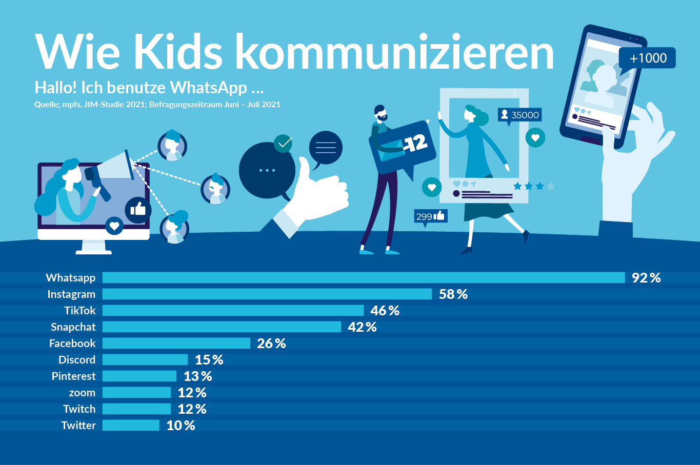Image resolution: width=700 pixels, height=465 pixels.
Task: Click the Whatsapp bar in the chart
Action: click(363, 278)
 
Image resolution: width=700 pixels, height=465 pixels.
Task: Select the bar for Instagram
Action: click(267, 294)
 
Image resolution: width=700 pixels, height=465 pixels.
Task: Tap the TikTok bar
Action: click(233, 311)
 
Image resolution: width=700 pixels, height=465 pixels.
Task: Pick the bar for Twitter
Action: click(131, 426)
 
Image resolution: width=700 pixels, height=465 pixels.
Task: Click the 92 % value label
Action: click(646, 278)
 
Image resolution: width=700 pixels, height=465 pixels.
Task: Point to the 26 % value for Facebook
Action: click(271, 343)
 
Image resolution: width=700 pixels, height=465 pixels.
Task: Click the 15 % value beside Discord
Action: click(209, 360)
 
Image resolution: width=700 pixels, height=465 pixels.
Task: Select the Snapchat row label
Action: click(73, 327)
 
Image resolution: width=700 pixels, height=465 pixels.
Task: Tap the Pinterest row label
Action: click(73, 376)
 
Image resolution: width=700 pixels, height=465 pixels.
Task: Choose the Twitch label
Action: click(79, 409)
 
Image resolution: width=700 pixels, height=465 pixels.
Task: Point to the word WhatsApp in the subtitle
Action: click(209, 88)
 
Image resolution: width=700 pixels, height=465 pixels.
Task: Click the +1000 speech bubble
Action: click(647, 58)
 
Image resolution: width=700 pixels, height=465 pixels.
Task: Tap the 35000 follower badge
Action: click(519, 115)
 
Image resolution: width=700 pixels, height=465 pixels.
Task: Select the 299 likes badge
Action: click(431, 216)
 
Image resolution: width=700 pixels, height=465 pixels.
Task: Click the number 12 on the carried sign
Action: click(416, 143)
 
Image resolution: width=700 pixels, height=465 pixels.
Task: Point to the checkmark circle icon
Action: click(283, 143)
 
